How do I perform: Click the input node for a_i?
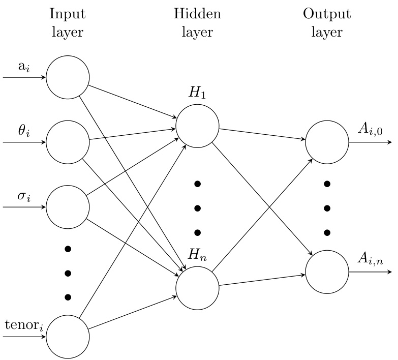coord(68,78)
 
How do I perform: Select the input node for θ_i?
coord(68,142)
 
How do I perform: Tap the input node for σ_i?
coord(68,207)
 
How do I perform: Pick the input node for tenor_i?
coord(68,336)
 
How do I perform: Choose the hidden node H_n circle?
coord(197,287)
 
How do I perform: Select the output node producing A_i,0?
coord(327,142)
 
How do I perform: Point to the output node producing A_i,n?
coord(327,272)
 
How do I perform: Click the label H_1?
coord(197,93)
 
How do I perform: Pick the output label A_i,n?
coord(370,260)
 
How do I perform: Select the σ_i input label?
coord(24,196)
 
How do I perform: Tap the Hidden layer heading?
coord(197,23)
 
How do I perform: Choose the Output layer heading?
coord(327,23)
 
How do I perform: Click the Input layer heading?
coord(68,23)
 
